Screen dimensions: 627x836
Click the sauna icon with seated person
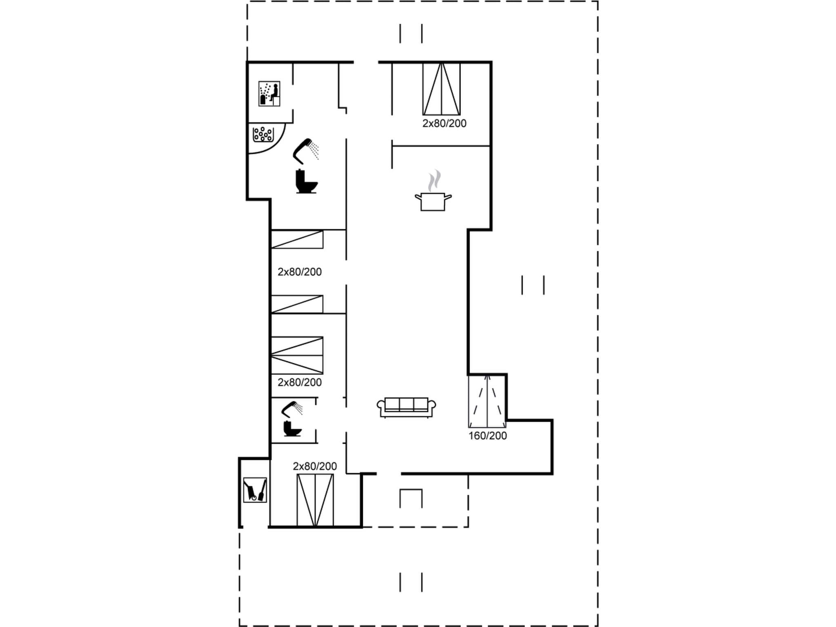(x=269, y=93)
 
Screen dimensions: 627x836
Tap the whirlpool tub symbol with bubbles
(x=263, y=134)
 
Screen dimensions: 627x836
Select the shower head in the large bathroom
(x=306, y=150)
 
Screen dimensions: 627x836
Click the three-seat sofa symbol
(x=406, y=407)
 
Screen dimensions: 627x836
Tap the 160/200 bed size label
(x=487, y=436)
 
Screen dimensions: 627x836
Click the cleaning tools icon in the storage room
(x=255, y=489)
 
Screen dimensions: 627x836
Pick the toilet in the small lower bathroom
(x=292, y=428)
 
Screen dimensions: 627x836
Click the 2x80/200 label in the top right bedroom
(x=444, y=123)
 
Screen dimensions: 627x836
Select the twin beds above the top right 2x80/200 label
(x=441, y=89)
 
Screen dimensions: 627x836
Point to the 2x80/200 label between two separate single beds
(x=300, y=272)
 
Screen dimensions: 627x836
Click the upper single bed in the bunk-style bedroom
(x=297, y=240)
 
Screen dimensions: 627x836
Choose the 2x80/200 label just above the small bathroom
(x=300, y=382)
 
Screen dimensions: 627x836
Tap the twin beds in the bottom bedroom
(x=315, y=500)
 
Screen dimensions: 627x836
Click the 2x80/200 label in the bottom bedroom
(x=315, y=466)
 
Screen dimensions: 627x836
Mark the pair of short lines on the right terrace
(x=533, y=285)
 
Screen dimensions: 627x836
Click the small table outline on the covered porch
(x=411, y=498)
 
